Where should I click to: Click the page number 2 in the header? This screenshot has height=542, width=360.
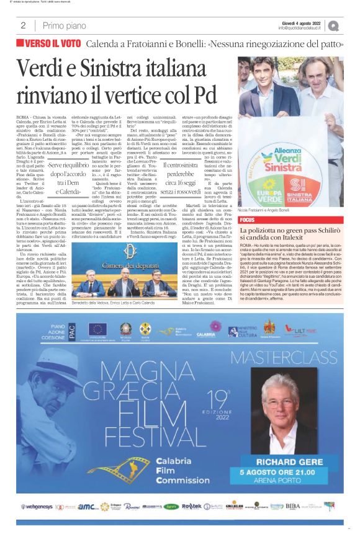pos(23,25)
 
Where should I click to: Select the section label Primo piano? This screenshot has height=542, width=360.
pos(60,25)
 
